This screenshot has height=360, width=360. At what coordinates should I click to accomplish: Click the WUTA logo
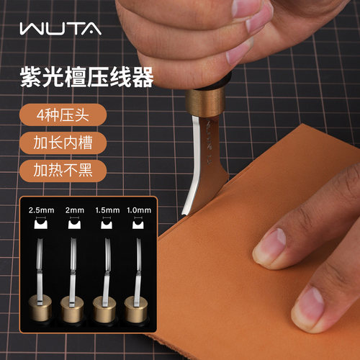[x=60, y=29]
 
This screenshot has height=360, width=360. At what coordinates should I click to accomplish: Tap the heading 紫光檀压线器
[x=86, y=77]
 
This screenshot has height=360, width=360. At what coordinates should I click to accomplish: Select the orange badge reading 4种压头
[x=63, y=115]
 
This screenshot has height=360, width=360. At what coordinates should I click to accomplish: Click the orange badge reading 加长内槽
[x=63, y=143]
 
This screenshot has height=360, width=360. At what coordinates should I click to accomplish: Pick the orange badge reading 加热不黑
[x=63, y=171]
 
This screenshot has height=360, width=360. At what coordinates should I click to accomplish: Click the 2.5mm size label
[x=41, y=210]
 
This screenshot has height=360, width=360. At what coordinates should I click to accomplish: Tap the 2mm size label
[x=75, y=210]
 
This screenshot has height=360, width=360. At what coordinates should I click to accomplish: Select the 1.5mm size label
[x=107, y=210]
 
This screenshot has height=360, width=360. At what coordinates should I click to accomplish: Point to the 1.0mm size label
[x=139, y=210]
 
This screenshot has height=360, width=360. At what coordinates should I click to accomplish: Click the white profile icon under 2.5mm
[x=41, y=224]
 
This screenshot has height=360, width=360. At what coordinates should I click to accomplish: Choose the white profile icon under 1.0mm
[x=138, y=224]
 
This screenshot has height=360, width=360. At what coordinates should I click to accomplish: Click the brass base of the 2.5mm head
[x=40, y=309]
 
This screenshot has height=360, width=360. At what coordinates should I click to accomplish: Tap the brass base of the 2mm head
[x=72, y=310]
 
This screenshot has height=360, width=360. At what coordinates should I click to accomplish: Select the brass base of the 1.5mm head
[x=104, y=310]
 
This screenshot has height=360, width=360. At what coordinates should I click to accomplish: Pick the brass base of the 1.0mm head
[x=136, y=310]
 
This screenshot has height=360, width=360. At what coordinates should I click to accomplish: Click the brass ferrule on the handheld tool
[x=205, y=103]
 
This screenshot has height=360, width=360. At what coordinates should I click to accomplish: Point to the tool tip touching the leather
[x=185, y=212]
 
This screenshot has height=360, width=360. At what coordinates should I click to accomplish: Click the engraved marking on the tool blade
[x=208, y=140]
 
